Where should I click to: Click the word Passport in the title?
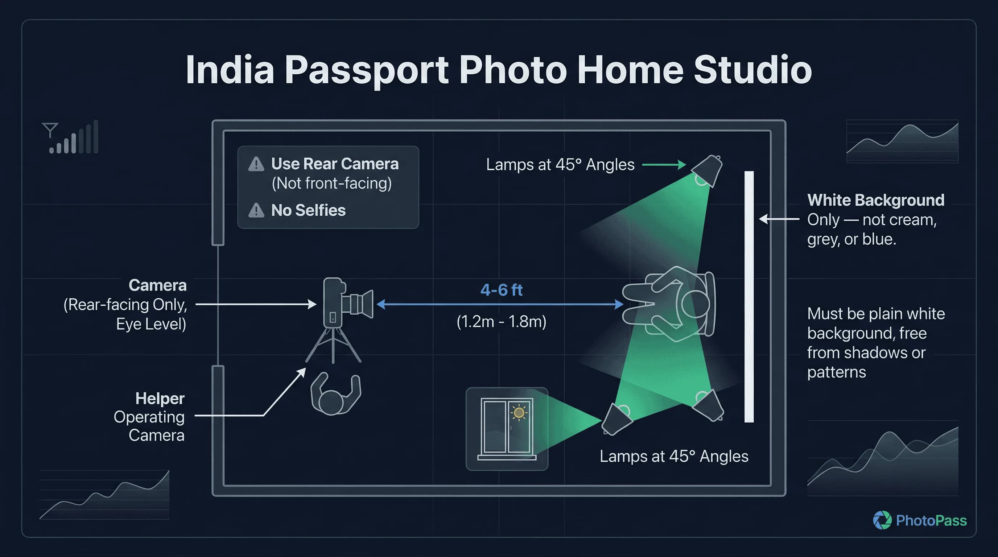pos(367,70)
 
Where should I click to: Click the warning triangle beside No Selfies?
pos(256,210)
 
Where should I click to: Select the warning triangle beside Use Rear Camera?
pos(256,164)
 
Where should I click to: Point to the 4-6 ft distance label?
pos(501,290)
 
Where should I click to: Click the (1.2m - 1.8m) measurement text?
pos(501,322)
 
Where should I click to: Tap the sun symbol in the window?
pos(519,413)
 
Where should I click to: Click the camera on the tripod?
pos(343,302)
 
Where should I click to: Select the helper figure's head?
pos(331,402)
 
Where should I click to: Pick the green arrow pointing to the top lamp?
pos(664,165)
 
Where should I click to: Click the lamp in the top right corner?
pos(708,170)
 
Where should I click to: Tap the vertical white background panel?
pos(749,296)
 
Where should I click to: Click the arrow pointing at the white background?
pos(779,219)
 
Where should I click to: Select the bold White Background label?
pos(875,200)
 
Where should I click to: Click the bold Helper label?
pos(160,399)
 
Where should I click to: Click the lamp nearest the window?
pos(616,419)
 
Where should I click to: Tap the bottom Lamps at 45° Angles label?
pos(674,456)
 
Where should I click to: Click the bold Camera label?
pos(157,285)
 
